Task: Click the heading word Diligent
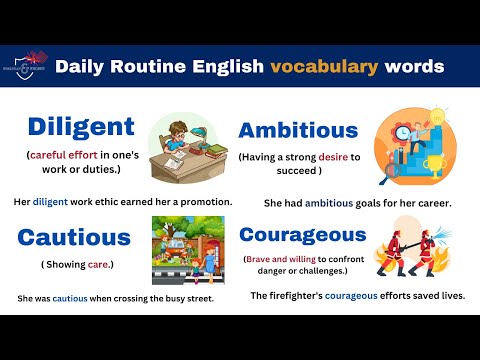coord(80,126)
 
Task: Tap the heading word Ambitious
coord(297,130)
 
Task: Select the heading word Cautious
coord(74,237)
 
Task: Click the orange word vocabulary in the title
coord(328,67)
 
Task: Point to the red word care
coord(93,265)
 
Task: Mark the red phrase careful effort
coord(64,156)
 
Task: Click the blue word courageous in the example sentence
coord(367,296)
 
